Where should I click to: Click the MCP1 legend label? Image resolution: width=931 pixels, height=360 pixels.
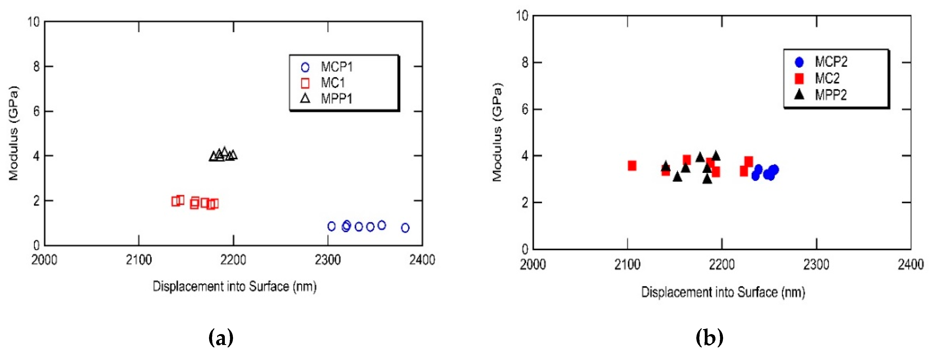pos(336,67)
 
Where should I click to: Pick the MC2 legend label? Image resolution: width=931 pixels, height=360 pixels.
pos(827,78)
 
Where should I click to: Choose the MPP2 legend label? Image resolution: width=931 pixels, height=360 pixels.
pos(831,95)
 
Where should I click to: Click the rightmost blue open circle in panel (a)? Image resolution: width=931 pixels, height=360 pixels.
pos(405,228)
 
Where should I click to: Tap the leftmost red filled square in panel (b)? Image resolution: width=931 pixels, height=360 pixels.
pos(632,166)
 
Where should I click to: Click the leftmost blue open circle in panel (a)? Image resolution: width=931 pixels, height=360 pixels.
pos(332,226)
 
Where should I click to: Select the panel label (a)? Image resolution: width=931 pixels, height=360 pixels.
pos(221,338)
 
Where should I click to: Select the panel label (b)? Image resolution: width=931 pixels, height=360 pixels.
pos(709,338)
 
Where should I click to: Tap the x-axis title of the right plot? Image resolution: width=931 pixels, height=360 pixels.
pos(723,292)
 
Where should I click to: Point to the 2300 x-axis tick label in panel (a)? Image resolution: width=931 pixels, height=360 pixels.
pos(327,260)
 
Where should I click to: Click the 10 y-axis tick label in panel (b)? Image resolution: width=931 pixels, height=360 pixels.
pos(522,16)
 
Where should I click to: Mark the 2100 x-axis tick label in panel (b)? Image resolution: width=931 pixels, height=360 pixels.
pos(627,265)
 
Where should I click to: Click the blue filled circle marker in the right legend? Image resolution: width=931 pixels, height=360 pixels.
pos(799,62)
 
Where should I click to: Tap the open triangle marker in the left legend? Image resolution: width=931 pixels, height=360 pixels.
pos(305,98)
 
